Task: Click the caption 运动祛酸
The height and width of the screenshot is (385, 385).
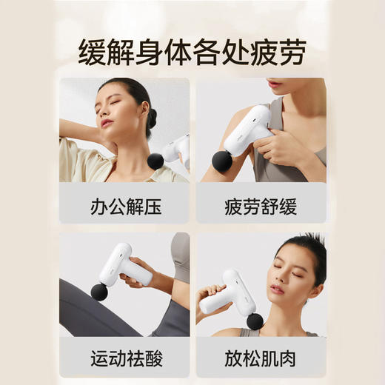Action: [124, 360]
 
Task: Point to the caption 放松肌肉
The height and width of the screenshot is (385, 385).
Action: [260, 360]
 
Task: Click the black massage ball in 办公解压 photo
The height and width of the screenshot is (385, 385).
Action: [155, 161]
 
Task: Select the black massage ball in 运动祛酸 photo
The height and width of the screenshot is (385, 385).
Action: [99, 292]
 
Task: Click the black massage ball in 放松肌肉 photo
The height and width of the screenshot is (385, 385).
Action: [255, 321]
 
